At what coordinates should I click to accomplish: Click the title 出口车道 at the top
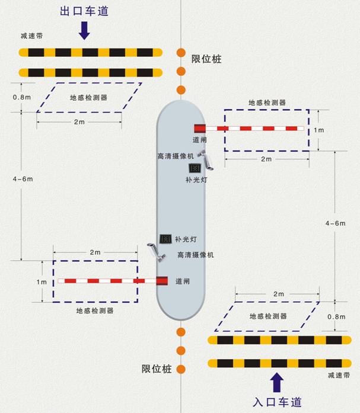(84, 11)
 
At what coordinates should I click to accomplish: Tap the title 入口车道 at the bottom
(277, 402)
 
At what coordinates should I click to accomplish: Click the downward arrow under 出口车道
(84, 31)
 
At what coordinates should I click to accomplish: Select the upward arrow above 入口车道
(277, 382)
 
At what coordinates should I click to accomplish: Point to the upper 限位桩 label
(206, 59)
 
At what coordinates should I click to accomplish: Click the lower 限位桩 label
(157, 369)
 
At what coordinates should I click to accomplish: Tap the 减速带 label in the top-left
(31, 36)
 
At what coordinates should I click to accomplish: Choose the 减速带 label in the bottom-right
(339, 375)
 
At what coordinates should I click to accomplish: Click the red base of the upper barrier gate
(200, 129)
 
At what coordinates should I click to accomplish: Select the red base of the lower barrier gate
(162, 281)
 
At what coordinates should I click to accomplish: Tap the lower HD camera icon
(157, 252)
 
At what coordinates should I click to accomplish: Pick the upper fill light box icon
(195, 168)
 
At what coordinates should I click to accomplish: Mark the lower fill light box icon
(165, 239)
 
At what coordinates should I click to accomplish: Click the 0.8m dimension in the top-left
(22, 97)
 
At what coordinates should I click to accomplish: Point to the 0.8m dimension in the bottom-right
(336, 316)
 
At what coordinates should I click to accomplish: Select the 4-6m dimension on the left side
(23, 179)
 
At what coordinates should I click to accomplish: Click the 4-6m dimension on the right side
(335, 223)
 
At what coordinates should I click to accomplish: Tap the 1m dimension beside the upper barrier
(319, 130)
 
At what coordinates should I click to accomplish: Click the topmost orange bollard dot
(181, 53)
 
